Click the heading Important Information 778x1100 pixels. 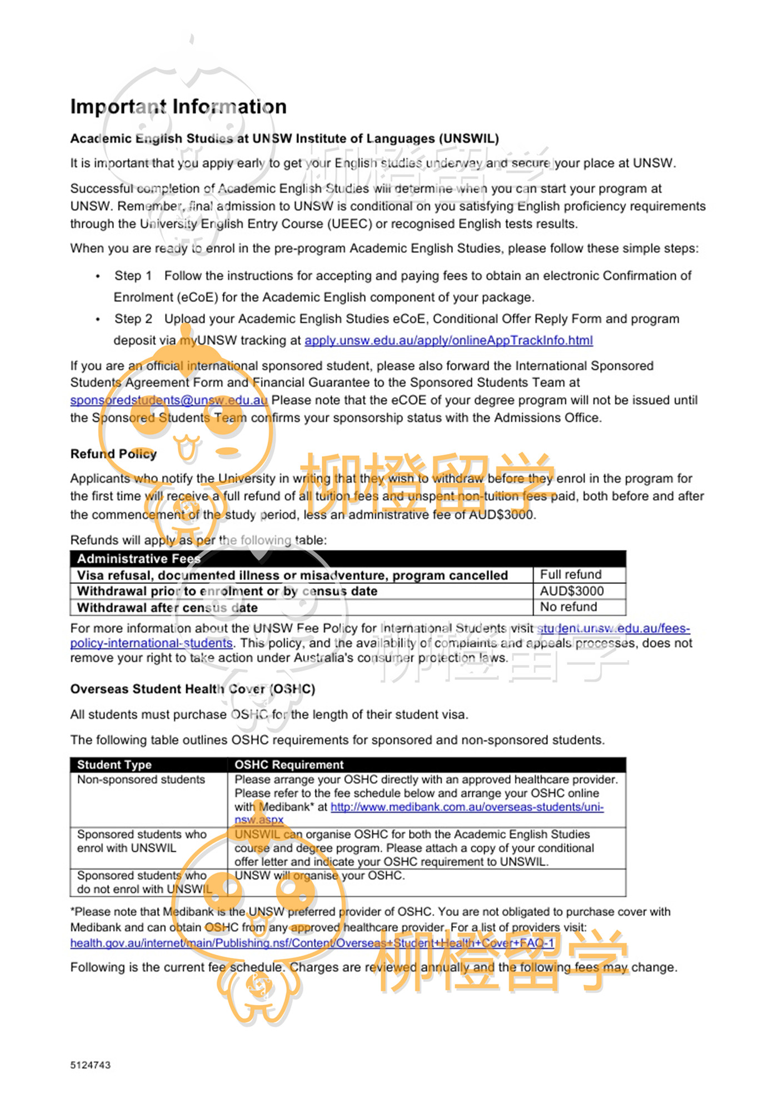point(178,107)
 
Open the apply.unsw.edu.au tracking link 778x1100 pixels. point(448,341)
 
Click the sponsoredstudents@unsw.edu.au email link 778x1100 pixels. point(168,401)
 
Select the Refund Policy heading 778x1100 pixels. point(113,454)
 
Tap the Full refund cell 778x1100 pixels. point(571,574)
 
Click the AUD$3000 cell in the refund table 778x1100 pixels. point(572,591)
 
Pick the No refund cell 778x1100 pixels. point(568,607)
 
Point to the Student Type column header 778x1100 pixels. point(114,765)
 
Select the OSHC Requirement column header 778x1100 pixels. point(289,765)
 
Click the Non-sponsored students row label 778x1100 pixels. point(141,780)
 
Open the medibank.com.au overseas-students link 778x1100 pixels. point(467,807)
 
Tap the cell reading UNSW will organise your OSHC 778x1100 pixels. point(320,876)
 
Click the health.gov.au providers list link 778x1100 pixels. point(312,943)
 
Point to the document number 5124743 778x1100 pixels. point(91,1065)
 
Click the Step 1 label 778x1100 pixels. point(133,276)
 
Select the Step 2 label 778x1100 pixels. point(133,319)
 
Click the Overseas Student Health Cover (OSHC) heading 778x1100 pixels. point(192,689)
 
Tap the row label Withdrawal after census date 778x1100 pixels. point(167,608)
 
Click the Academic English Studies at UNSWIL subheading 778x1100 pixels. point(285,139)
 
